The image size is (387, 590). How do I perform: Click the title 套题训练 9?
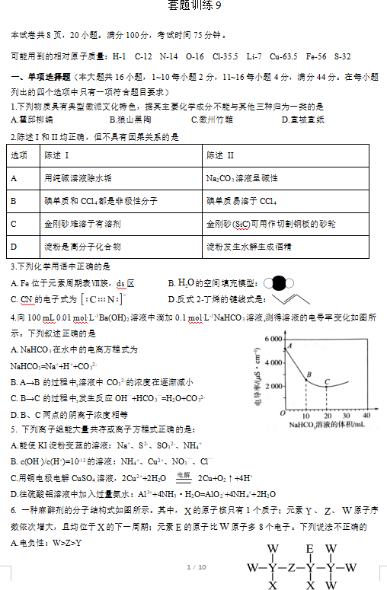pos(193,6)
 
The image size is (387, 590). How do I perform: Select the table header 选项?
pos(20,155)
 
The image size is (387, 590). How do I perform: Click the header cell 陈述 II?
pos(221,155)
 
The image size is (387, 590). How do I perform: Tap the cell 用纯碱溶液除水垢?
pos(78,178)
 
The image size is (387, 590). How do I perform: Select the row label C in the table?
pos(14,224)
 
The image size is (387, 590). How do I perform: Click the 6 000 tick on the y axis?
pos(273,337)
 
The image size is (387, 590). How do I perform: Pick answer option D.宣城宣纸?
pos(302,120)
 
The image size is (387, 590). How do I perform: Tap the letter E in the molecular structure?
pos(310,548)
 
